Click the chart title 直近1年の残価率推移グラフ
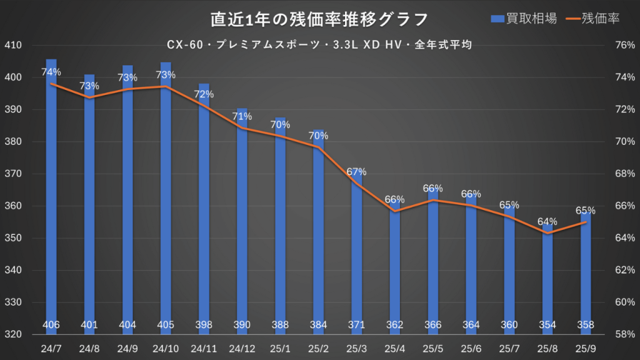[319, 19]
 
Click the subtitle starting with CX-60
[319, 45]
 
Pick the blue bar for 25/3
[357, 250]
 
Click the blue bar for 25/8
[547, 281]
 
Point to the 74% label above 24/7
[51, 72]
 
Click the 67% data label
[357, 172]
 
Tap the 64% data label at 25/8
[547, 221]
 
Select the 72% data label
[204, 94]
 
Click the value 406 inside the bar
[51, 325]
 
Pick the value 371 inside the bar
[357, 325]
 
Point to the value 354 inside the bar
[547, 325]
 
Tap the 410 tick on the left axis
[13, 46]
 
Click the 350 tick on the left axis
[13, 238]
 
